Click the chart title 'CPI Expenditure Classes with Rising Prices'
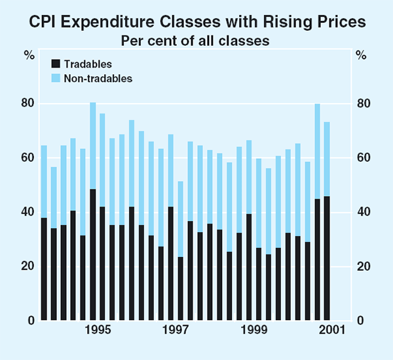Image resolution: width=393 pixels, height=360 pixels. click(196, 22)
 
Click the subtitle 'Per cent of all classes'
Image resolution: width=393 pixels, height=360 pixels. click(196, 39)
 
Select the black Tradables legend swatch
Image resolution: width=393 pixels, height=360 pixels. click(56, 64)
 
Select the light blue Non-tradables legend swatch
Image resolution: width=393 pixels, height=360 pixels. click(56, 78)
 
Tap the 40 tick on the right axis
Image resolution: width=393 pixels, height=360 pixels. click(364, 212)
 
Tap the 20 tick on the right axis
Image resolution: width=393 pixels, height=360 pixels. click(364, 266)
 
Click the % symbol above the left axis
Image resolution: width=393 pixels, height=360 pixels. click(29, 54)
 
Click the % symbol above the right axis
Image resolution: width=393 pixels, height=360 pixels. click(362, 54)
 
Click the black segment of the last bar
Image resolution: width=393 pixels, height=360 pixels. click(327, 258)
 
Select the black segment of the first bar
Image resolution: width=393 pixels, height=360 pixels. click(44, 269)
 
